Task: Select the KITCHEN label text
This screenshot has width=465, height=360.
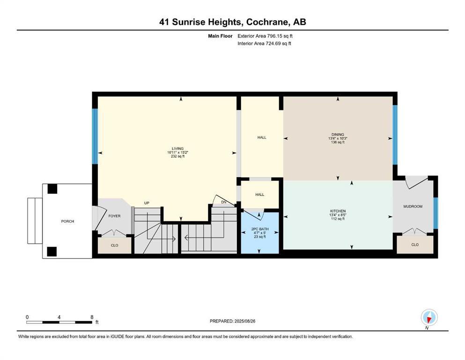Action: click(337, 211)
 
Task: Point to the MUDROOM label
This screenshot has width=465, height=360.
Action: click(413, 206)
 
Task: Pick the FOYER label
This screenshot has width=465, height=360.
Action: click(114, 217)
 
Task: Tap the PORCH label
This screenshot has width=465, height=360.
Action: click(67, 221)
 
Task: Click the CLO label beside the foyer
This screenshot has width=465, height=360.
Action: click(114, 245)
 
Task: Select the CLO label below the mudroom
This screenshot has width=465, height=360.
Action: click(415, 245)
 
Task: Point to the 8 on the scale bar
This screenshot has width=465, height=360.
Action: click(92, 317)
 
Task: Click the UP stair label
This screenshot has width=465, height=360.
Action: click(147, 203)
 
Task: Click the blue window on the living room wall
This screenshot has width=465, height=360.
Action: click(95, 136)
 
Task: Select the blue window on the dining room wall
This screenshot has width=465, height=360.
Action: click(395, 135)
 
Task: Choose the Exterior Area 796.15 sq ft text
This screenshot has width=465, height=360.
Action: click(266, 36)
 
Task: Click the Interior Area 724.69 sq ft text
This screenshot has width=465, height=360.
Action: click(265, 44)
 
